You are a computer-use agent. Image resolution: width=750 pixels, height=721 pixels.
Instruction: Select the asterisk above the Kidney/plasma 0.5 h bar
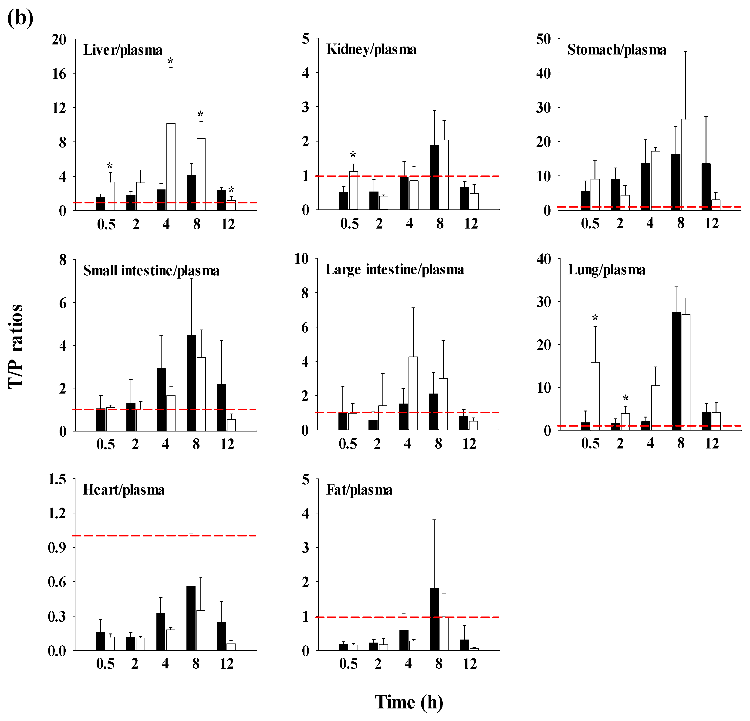[353, 155]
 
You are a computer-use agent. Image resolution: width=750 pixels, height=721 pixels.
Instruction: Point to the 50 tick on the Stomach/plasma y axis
[543, 39]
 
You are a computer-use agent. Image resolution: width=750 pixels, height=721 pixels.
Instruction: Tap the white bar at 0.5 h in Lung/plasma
[595, 396]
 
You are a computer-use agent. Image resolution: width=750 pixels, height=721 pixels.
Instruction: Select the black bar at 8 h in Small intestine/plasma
[191, 383]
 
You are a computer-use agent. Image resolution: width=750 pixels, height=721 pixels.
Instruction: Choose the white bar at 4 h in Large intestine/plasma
[413, 393]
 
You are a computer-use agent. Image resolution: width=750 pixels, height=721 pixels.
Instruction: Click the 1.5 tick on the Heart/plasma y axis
[57, 479]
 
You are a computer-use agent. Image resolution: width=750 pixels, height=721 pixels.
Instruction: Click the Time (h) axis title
[409, 702]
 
